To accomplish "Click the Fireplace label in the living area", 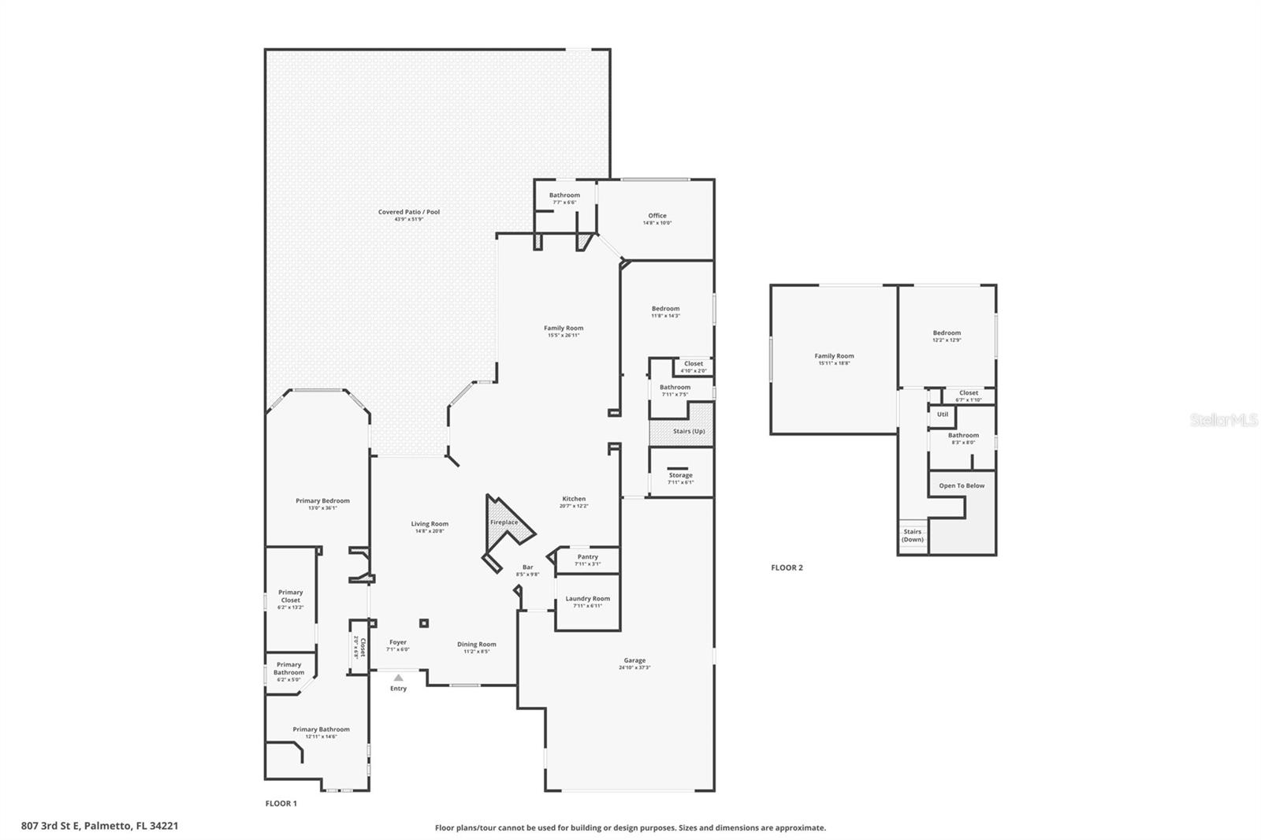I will (504, 522).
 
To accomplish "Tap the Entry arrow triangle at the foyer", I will (399, 678).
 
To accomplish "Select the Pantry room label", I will (587, 557).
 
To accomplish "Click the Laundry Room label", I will (587, 599).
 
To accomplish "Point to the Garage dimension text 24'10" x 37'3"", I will (634, 668).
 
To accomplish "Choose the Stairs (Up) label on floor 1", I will (689, 431).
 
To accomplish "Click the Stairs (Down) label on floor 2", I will (913, 536).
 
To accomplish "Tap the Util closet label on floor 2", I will (943, 414).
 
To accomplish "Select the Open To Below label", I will (962, 485).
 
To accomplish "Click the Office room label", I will (657, 215).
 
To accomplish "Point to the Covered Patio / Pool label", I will (409, 212).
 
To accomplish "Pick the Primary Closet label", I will (290, 596).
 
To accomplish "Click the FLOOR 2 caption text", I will (787, 567).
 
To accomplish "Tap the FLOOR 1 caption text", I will (281, 804).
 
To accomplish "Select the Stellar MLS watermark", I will (1223, 421).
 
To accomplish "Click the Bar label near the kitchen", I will (527, 567).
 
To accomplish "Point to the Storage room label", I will (680, 475).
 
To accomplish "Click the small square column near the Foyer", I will (424, 623).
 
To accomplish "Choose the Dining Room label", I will (477, 645).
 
